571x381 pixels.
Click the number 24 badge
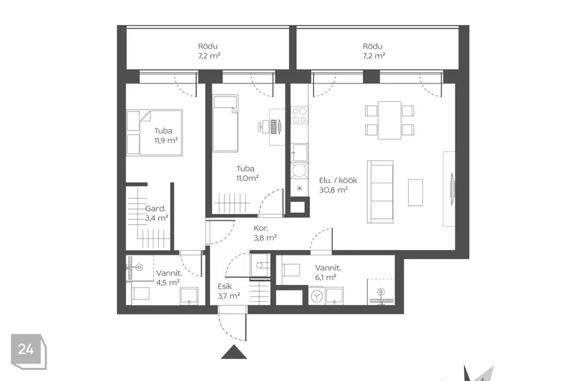[29, 351]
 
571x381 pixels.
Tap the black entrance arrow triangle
[234, 352]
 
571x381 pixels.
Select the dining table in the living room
[390, 120]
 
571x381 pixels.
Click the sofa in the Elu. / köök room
[380, 192]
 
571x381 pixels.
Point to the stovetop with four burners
[299, 115]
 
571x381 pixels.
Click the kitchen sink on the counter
[299, 153]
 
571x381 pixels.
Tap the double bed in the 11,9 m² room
[155, 133]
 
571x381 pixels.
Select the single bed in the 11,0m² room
[225, 123]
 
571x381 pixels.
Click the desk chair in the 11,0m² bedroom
[263, 127]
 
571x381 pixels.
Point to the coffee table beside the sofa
[415, 192]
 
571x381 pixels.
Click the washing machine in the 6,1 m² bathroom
[316, 296]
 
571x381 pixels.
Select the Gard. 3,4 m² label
[156, 213]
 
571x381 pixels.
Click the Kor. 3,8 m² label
[265, 233]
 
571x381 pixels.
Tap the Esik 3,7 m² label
[228, 291]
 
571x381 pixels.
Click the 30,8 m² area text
[333, 189]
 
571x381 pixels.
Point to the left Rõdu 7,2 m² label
[209, 51]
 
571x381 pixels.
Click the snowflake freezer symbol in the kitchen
[299, 188]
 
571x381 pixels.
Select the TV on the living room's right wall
[452, 189]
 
